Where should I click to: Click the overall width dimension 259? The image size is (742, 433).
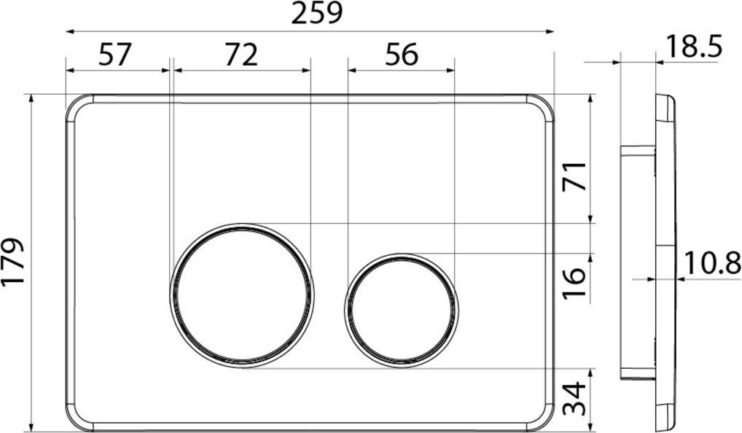(x=316, y=14)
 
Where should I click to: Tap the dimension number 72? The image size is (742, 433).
(x=241, y=55)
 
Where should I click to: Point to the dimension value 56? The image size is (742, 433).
(x=402, y=55)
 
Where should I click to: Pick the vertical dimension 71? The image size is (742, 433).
(x=576, y=176)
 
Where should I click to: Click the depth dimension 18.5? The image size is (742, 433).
(x=693, y=47)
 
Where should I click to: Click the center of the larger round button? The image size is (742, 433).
(x=242, y=294)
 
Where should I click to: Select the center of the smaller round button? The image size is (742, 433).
(x=402, y=308)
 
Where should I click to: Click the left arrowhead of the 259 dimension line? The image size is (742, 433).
(x=69, y=31)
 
